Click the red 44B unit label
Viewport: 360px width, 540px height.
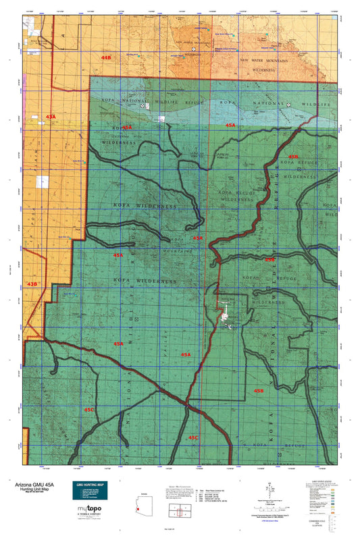pos(105,59)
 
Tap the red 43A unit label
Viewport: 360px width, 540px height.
pos(51,117)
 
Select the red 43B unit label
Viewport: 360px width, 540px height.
pos(32,283)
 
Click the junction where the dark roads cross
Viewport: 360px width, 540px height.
pos(187,404)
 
